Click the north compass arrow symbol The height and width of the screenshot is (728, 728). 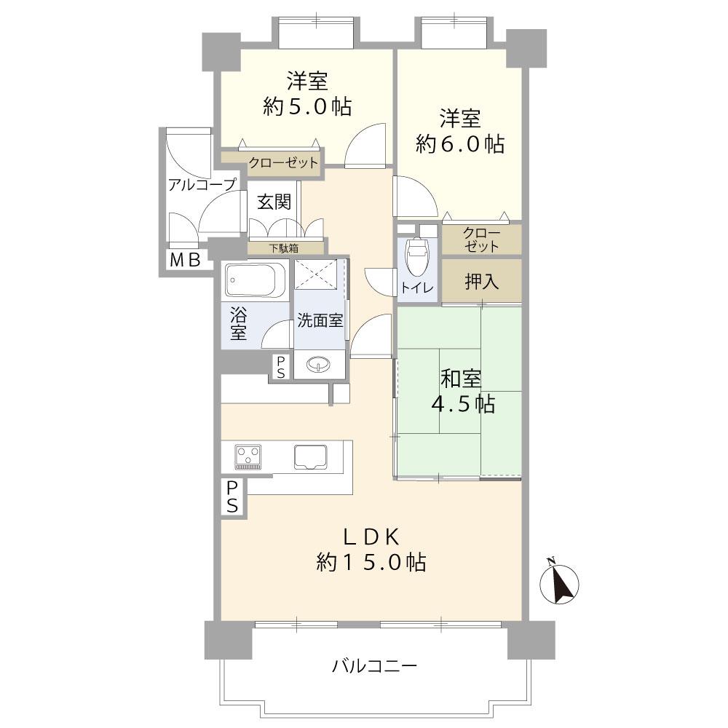(559, 582)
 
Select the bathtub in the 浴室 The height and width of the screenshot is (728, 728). (255, 280)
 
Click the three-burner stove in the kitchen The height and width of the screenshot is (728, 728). (248, 457)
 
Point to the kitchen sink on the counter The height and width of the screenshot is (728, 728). (310, 457)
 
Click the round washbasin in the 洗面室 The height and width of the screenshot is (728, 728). (319, 365)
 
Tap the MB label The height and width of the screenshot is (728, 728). (185, 260)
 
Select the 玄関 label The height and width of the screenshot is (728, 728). (274, 202)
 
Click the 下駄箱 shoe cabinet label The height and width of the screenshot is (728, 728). (284, 248)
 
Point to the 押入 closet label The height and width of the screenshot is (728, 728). (481, 281)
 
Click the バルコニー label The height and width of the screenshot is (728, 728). (375, 667)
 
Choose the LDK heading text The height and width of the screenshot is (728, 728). (371, 537)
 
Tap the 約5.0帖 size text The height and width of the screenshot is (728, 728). (307, 107)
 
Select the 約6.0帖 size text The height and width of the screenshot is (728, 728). (459, 144)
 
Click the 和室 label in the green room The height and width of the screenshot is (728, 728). (460, 379)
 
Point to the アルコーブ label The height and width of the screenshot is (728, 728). (202, 185)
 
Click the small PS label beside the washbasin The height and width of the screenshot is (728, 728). (281, 367)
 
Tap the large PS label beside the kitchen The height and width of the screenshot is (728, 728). (232, 496)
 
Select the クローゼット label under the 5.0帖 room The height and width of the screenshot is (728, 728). (283, 163)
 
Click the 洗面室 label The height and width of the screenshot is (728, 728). (320, 320)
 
